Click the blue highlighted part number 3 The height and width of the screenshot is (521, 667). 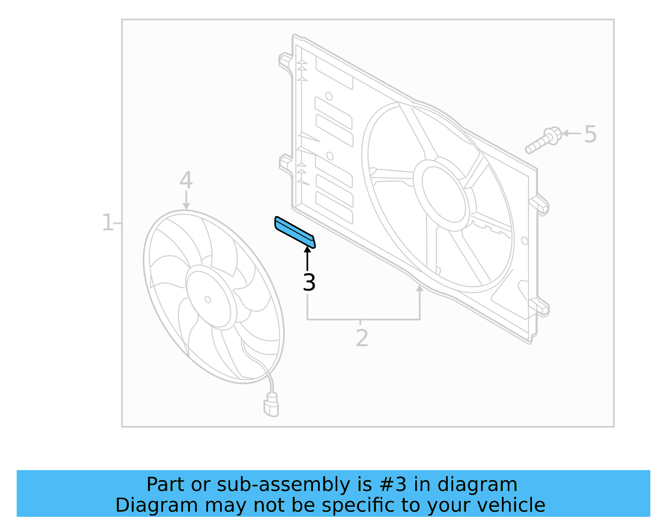[294, 232]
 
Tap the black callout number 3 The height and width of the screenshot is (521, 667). [309, 282]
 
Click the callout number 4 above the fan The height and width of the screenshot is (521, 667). [186, 180]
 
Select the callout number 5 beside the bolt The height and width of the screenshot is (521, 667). [590, 134]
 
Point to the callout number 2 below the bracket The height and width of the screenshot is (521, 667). [362, 338]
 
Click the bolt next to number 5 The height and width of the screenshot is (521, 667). [542, 141]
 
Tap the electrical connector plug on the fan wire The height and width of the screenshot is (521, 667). [271, 405]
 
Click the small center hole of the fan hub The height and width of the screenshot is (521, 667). [208, 299]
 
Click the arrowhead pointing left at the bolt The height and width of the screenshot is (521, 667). [565, 134]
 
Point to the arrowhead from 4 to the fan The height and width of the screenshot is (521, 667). [186, 206]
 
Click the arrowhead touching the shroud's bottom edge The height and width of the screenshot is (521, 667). [419, 288]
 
